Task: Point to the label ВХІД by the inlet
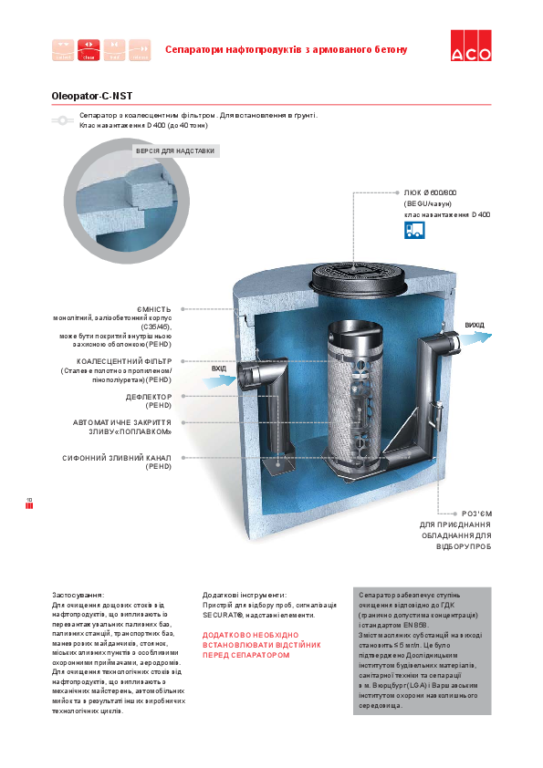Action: (219, 368)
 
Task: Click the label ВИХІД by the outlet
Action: (474, 325)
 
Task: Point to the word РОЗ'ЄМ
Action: (476, 514)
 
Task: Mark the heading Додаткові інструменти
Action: (245, 595)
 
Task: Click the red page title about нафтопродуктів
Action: (286, 48)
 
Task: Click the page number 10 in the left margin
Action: (29, 500)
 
